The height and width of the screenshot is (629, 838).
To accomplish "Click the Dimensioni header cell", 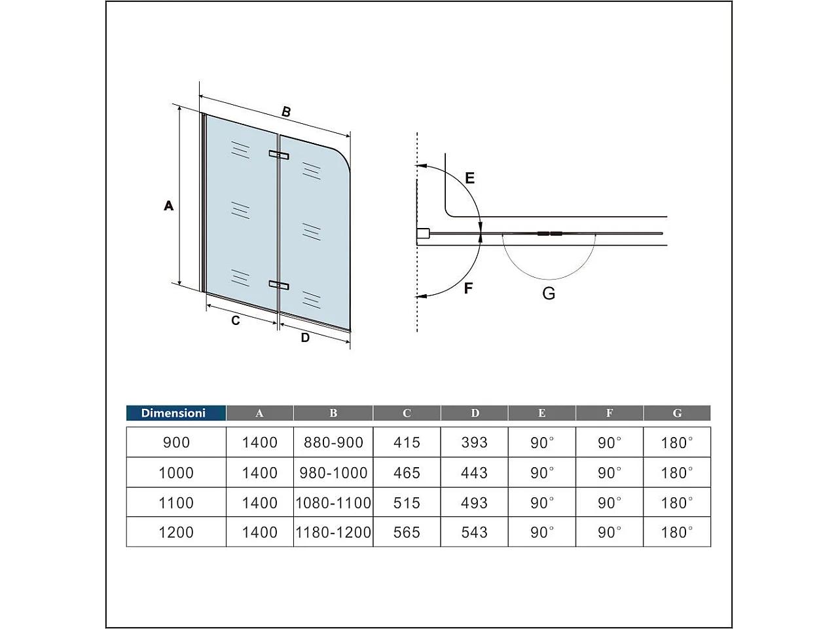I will tap(173, 413).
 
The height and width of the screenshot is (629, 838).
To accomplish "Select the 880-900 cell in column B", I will tap(333, 442).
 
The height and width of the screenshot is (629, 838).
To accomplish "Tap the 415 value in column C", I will tap(407, 442).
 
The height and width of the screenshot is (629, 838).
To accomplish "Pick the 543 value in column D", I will tap(474, 532).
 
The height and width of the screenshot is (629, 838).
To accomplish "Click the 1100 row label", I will tap(176, 503).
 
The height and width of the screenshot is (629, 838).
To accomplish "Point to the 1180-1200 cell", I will tap(333, 532).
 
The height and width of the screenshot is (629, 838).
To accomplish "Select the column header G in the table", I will tap(677, 413).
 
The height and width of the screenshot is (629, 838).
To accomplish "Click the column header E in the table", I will tap(541, 413).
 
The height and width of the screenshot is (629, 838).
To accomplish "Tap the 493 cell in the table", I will tap(474, 503).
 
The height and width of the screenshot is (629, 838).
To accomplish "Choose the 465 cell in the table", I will tap(407, 472).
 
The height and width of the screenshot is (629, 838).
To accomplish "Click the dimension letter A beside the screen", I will tap(168, 206).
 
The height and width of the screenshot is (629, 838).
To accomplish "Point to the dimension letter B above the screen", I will tap(286, 112).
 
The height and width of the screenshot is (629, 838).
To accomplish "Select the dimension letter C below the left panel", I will tap(236, 320).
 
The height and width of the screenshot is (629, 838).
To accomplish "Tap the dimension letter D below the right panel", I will tap(305, 338).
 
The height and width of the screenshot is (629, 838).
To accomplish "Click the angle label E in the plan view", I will tap(469, 178).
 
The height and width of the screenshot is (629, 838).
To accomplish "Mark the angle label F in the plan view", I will tap(468, 288).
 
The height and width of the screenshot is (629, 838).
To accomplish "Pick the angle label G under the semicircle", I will tap(549, 293).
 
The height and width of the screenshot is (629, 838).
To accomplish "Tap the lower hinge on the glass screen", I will tap(279, 284).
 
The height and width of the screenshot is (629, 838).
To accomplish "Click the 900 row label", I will tap(176, 442).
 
